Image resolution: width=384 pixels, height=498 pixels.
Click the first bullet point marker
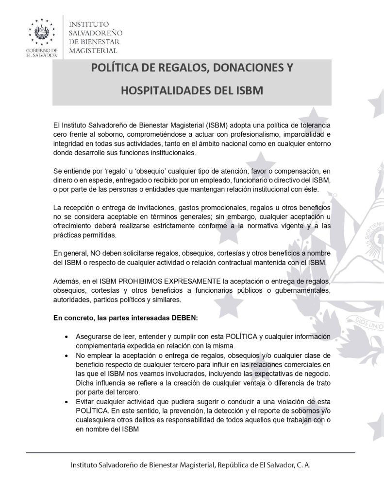[66, 337]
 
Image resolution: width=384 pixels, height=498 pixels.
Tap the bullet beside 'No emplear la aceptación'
[66, 356]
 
